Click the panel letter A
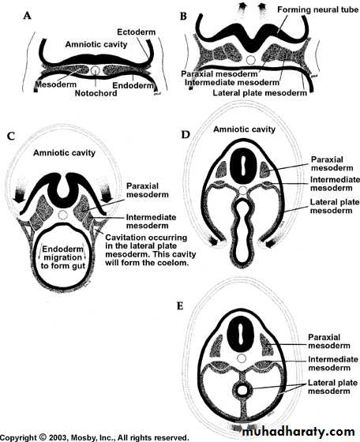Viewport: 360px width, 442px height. pyautogui.click(x=27, y=16)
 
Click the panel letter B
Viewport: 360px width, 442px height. pyautogui.click(x=183, y=17)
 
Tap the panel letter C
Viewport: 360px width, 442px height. pyautogui.click(x=11, y=137)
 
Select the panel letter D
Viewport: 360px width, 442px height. pyautogui.click(x=186, y=135)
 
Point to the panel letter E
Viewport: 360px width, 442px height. pyautogui.click(x=180, y=306)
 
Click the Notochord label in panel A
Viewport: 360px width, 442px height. pyautogui.click(x=96, y=93)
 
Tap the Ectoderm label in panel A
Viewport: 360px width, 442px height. pyautogui.click(x=136, y=32)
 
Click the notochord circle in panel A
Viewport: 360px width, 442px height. pyautogui.click(x=96, y=70)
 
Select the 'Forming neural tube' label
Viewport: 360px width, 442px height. pyautogui.click(x=318, y=9)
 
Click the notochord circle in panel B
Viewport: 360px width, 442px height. pyautogui.click(x=250, y=60)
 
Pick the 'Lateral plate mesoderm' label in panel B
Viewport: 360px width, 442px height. pyautogui.click(x=260, y=93)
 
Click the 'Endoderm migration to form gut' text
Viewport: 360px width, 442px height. pyautogui.click(x=63, y=257)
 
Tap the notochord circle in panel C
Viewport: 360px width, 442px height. pyautogui.click(x=63, y=215)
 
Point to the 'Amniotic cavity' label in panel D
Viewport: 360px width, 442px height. pyautogui.click(x=244, y=129)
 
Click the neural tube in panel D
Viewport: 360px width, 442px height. pyautogui.click(x=242, y=165)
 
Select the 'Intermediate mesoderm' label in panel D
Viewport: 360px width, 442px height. pyautogui.click(x=335, y=184)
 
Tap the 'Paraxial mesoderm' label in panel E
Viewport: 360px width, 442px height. pyautogui.click(x=329, y=341)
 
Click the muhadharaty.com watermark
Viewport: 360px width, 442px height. pyautogui.click(x=298, y=432)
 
